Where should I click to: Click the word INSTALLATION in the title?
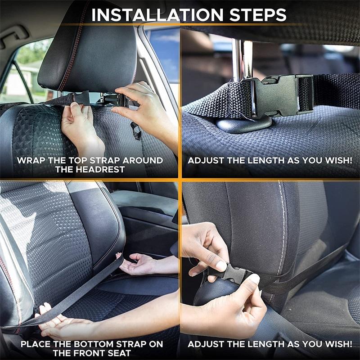pyautogui.click(x=157, y=15)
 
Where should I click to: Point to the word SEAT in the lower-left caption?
pyautogui.click(x=117, y=353)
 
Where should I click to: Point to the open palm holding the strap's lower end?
pyautogui.click(x=58, y=324)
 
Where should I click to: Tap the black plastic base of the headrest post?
pyautogui.click(x=244, y=124)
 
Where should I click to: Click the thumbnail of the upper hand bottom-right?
pyautogui.click(x=221, y=266)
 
